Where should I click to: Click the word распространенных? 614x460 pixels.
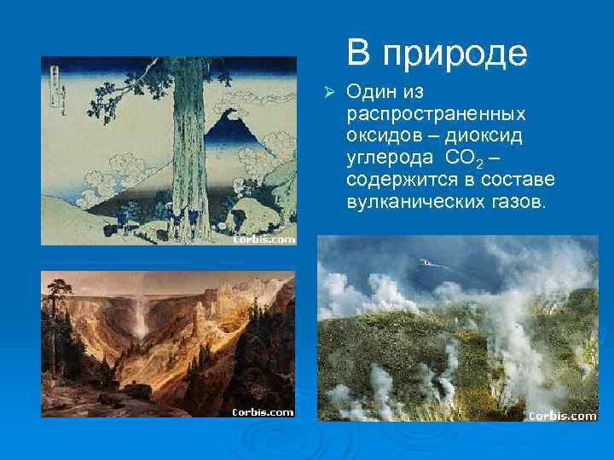pos(435,113)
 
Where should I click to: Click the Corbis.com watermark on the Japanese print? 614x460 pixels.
pos(264,239)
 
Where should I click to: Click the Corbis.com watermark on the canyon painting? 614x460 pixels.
pos(264,411)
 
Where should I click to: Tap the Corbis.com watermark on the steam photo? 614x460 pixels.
pos(562,416)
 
